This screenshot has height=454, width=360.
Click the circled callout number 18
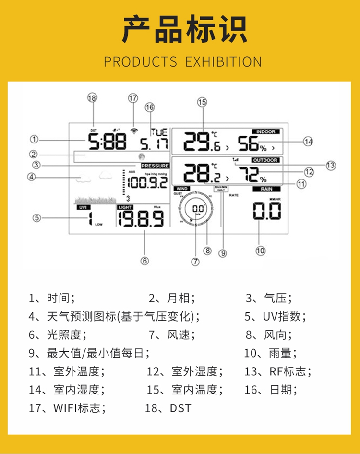coord(92,97)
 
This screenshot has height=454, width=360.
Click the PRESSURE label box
coord(155,166)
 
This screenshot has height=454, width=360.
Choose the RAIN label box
coord(266,189)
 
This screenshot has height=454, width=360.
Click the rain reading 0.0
coord(267,211)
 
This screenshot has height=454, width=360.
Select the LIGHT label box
coord(125,207)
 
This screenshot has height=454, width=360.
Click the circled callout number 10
coord(260,250)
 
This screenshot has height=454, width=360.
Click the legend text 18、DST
coord(168,408)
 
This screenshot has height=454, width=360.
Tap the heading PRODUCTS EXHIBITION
coord(183,62)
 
